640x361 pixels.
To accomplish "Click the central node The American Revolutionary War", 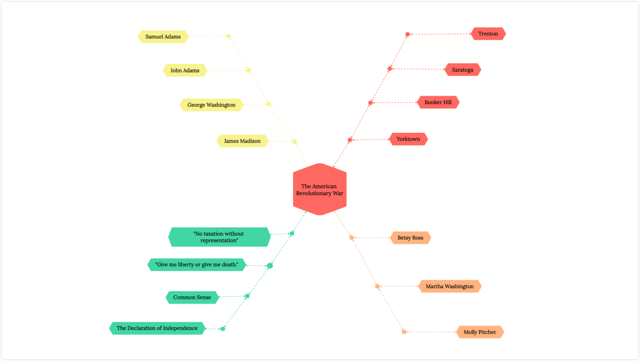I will (320, 189).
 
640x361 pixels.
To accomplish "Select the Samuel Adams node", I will (163, 37).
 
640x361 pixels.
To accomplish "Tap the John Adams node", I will (185, 70).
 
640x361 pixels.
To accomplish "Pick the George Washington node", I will (211, 105).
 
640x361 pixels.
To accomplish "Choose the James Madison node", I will (242, 141).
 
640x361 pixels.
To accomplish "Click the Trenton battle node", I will (488, 34).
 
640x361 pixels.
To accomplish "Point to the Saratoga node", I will (462, 70).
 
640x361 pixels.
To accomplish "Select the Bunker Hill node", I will (438, 102).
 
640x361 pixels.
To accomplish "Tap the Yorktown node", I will (408, 139).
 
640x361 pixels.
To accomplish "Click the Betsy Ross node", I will (410, 238).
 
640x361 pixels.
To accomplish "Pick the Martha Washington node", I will (450, 286).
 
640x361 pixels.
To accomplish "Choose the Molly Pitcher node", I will (480, 332).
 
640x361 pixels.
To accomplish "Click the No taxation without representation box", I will (219, 237).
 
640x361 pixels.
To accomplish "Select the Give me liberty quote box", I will (197, 265).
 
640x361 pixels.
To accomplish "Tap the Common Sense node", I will (192, 297).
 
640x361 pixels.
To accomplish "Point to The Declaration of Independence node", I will (157, 328).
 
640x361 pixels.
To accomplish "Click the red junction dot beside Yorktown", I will (350, 140).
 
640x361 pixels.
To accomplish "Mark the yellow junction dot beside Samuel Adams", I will (228, 37).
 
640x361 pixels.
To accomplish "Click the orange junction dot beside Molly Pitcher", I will (404, 332).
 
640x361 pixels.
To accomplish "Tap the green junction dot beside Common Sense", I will (247, 296).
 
